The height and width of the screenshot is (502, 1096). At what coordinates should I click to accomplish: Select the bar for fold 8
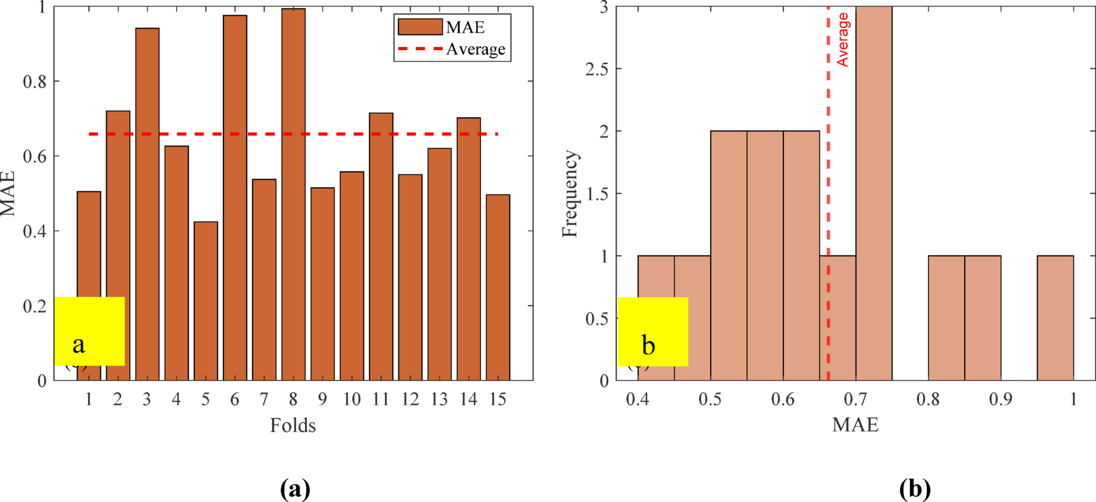coord(293,198)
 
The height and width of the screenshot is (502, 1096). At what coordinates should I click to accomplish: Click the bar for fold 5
coord(205,303)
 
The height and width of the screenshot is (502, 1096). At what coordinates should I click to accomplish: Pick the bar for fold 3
coord(147,204)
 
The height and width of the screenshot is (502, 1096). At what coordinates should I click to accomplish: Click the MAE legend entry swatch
coord(419,27)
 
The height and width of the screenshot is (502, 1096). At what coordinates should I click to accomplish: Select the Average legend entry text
coord(475,50)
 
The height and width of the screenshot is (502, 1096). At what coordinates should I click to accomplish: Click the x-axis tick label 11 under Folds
coord(380,399)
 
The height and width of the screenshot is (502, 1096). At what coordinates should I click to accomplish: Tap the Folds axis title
coord(293,426)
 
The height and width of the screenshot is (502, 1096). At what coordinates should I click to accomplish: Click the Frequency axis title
coord(569,194)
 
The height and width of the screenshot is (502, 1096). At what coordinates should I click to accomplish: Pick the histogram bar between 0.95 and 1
coord(1055,318)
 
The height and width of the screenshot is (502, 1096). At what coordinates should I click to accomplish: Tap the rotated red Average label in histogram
coord(843,40)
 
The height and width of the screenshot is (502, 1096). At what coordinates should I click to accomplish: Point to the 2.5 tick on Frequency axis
coord(596,69)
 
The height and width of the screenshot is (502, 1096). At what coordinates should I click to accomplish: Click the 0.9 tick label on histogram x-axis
coord(1000,399)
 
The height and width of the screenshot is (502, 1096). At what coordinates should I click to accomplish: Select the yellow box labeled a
coord(89,331)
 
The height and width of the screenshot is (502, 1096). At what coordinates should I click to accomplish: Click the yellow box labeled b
coord(653,331)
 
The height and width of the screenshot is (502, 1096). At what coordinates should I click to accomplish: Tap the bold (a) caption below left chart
coord(295,489)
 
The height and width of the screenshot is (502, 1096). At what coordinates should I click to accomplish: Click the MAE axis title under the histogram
coord(855,424)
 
